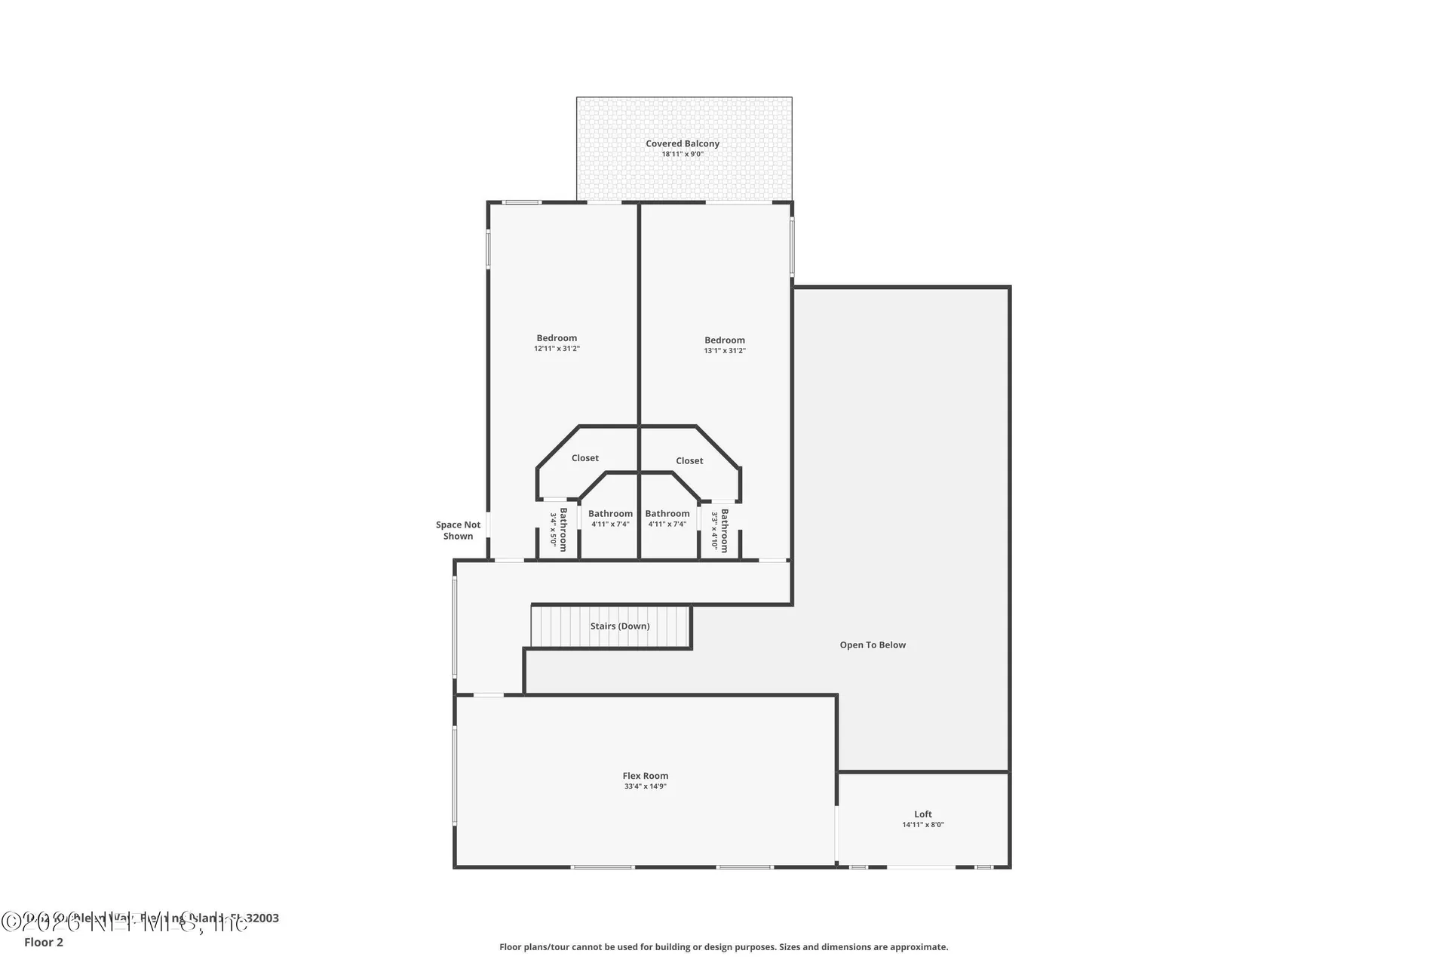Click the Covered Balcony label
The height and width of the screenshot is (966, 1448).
point(682,143)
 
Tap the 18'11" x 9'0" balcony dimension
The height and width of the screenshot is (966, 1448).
point(682,154)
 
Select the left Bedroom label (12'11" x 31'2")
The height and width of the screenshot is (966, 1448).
point(557,338)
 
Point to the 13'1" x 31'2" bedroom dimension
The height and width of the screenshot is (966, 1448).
point(725,351)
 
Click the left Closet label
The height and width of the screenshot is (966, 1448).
point(584,458)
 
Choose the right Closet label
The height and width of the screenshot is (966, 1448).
point(689,460)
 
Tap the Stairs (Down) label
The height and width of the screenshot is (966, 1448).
point(619,626)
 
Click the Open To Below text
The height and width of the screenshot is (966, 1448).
point(873,645)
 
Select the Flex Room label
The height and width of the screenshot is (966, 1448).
point(645,776)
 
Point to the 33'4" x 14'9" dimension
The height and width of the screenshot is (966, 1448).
point(645,786)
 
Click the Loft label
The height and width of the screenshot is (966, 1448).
point(922,814)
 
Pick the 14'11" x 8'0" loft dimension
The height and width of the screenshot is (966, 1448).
point(922,825)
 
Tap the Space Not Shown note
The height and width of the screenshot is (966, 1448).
point(458,531)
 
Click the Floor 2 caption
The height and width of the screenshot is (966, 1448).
point(44,942)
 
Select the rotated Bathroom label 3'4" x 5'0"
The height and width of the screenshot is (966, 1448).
point(559,530)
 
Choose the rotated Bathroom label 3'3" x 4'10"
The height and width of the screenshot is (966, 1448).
point(720,531)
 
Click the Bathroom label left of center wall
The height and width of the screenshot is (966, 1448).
point(610,514)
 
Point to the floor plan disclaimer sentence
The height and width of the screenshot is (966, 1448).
point(723,946)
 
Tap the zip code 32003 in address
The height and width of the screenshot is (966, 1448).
point(263,918)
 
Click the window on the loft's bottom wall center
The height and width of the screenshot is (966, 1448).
point(920,867)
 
